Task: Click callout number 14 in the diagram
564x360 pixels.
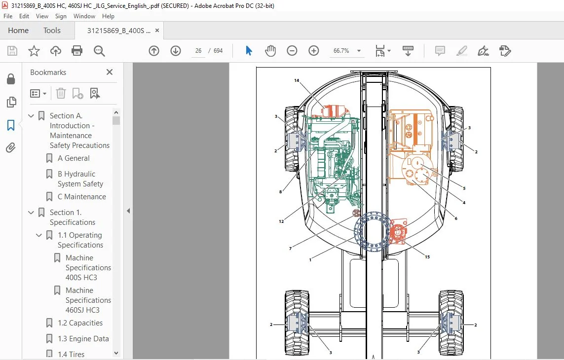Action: click(x=297, y=80)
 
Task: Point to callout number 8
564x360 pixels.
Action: click(x=281, y=192)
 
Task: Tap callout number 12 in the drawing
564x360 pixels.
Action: click(x=281, y=221)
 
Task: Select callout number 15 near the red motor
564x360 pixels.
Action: click(x=427, y=257)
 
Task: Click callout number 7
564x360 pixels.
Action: click(x=290, y=248)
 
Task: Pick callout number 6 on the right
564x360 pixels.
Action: click(x=456, y=218)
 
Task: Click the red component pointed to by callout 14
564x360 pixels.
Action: click(x=335, y=111)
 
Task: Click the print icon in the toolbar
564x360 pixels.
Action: click(x=77, y=51)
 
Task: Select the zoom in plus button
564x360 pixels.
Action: click(x=314, y=51)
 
